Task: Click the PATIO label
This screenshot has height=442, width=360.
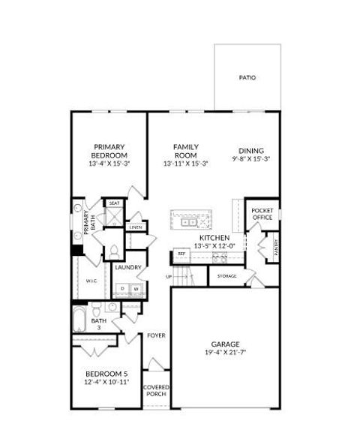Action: pos(247,77)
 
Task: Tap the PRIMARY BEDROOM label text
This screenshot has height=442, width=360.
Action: pos(109,151)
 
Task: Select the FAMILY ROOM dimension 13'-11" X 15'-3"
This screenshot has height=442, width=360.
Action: pos(185,164)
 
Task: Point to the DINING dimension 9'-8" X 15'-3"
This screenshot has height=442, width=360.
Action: pos(251,159)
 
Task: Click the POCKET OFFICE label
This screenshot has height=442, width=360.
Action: pos(262,214)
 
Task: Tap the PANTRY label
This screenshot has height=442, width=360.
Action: pos(275,248)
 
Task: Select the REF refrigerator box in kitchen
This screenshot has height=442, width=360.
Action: pos(181,254)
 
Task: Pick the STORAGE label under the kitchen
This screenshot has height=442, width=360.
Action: pos(227,276)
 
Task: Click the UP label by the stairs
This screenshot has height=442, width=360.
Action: pos(169,276)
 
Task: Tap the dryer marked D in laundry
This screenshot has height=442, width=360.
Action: pos(122,288)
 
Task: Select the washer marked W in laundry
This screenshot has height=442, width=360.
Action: pos(136,288)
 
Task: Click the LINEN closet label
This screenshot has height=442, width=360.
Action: pos(136,227)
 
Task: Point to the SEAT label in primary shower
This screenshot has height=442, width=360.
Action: pos(114,203)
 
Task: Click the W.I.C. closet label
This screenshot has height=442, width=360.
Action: pos(91,281)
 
